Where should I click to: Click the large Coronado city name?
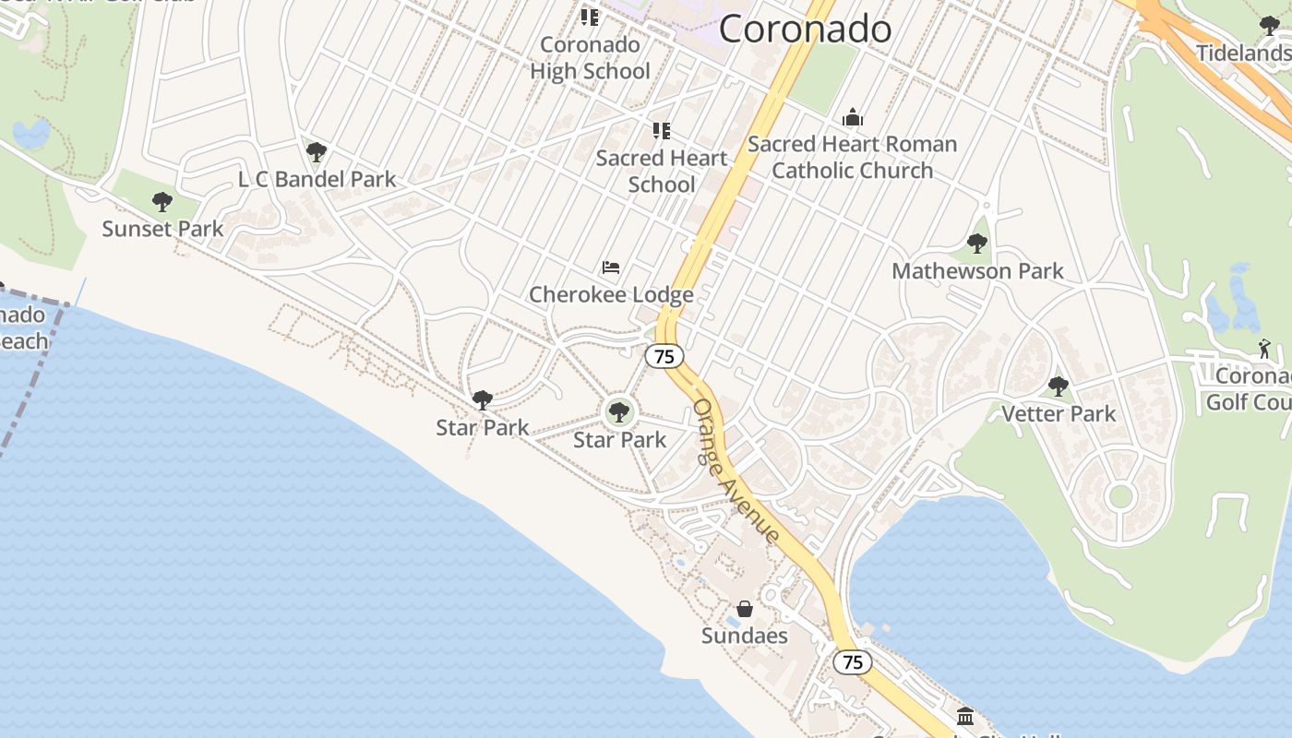805,29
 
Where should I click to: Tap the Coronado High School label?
590,58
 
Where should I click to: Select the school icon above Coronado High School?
590,17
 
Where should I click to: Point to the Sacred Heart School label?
662,171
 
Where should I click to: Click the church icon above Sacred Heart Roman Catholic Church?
853,117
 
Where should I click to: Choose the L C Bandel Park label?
317,179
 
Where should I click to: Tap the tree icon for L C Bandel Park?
317,151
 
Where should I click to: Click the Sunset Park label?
162,229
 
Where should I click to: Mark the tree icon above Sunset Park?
162,201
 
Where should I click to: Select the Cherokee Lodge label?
611,295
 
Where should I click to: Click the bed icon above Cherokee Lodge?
611,268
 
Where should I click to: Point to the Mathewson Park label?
977,271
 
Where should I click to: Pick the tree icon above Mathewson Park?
977,244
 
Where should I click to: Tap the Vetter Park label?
1059,414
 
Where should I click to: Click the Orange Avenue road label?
736,470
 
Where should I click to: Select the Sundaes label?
745,636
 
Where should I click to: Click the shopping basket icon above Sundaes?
745,609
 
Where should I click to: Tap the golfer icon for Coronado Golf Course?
1264,349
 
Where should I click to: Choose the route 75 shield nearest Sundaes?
853,662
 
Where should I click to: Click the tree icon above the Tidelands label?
1270,26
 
